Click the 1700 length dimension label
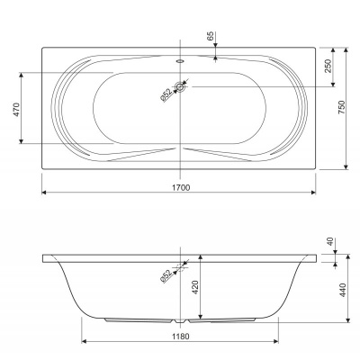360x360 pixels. pyautogui.click(x=181, y=188)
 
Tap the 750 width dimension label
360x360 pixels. pyautogui.click(x=342, y=107)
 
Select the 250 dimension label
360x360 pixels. pyautogui.click(x=328, y=66)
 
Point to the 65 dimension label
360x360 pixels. pyautogui.click(x=211, y=36)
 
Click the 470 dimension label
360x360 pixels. pyautogui.click(x=16, y=110)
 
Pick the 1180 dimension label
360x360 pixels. pyautogui.click(x=181, y=337)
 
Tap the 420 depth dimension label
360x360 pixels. pyautogui.click(x=195, y=287)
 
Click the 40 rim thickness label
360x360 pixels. pyautogui.click(x=330, y=242)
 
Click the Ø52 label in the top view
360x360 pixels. pyautogui.click(x=166, y=95)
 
